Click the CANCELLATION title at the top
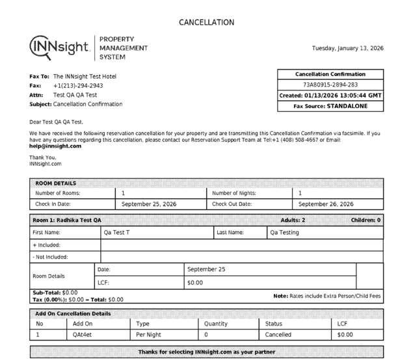click(x=206, y=22)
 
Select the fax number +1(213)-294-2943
click(x=78, y=85)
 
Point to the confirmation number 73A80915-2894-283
click(x=330, y=84)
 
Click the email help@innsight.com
click(x=55, y=146)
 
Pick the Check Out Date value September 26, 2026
click(x=325, y=204)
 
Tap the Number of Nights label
click(x=234, y=193)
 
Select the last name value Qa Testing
click(x=284, y=232)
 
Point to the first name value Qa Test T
click(x=116, y=232)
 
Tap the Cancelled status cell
click(x=278, y=335)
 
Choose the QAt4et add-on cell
click(x=83, y=335)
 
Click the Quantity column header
click(x=216, y=324)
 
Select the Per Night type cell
click(x=148, y=335)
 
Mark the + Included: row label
click(x=46, y=245)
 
